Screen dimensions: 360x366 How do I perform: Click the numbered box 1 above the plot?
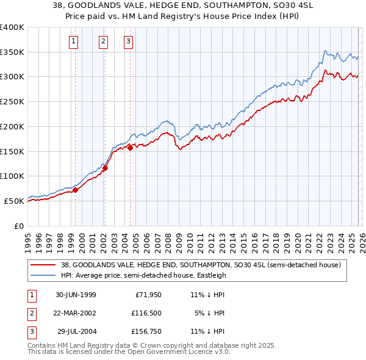(x=74, y=41)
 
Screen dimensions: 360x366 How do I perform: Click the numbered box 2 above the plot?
(x=103, y=41)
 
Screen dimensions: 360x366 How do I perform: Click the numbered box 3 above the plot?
(x=129, y=41)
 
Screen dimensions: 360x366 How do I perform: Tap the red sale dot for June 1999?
(x=76, y=190)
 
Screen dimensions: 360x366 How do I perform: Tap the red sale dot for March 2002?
(x=105, y=168)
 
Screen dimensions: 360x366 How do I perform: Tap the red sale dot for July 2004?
(x=131, y=147)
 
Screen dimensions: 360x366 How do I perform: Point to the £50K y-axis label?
(x=14, y=200)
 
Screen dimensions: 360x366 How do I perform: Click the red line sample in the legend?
(x=43, y=265)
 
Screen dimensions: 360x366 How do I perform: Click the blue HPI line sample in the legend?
(x=43, y=275)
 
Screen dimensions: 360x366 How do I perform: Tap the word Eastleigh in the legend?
(x=209, y=275)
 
